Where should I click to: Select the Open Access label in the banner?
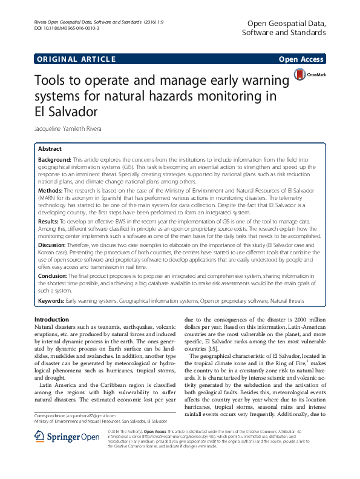point(301,59)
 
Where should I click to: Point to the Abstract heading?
point(50,148)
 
